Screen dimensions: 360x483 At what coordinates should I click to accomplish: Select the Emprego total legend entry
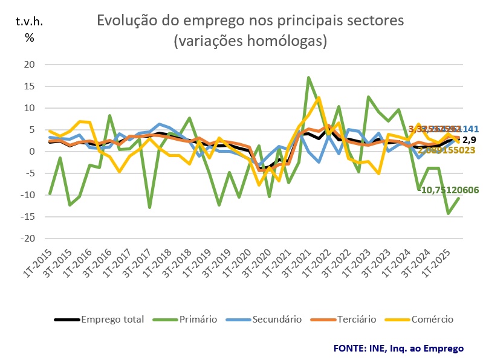point(112,320)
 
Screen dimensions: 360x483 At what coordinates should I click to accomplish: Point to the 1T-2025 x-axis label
point(440,260)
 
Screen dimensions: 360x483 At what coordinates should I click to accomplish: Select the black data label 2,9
point(470,140)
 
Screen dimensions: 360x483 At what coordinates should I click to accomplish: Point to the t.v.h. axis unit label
point(30,22)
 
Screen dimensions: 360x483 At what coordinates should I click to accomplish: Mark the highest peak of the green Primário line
point(309,77)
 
